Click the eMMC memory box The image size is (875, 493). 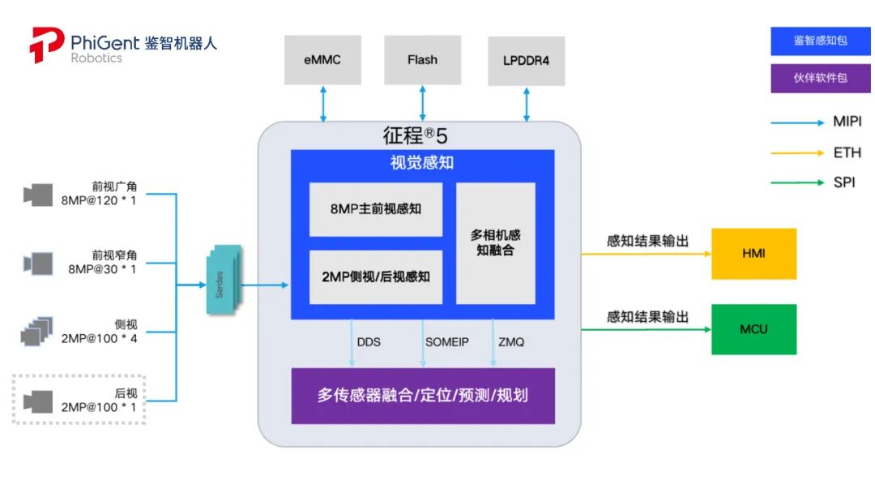[322, 59]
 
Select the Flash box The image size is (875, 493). [422, 59]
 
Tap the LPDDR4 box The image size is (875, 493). [527, 60]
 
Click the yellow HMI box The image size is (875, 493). [753, 254]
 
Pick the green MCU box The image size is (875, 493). [753, 329]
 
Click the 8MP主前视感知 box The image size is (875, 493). [376, 209]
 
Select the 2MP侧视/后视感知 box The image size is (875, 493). [376, 277]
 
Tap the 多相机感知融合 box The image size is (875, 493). [496, 242]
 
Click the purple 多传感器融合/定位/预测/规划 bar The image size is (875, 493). [423, 396]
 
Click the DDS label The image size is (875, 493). [369, 342]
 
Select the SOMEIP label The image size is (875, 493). [447, 342]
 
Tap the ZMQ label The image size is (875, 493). [511, 342]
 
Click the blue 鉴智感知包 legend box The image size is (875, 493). [820, 40]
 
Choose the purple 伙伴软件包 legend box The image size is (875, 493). [820, 79]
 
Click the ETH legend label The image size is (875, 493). [847, 152]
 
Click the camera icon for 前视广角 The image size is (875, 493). [38, 195]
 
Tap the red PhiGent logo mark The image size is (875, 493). [46, 45]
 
